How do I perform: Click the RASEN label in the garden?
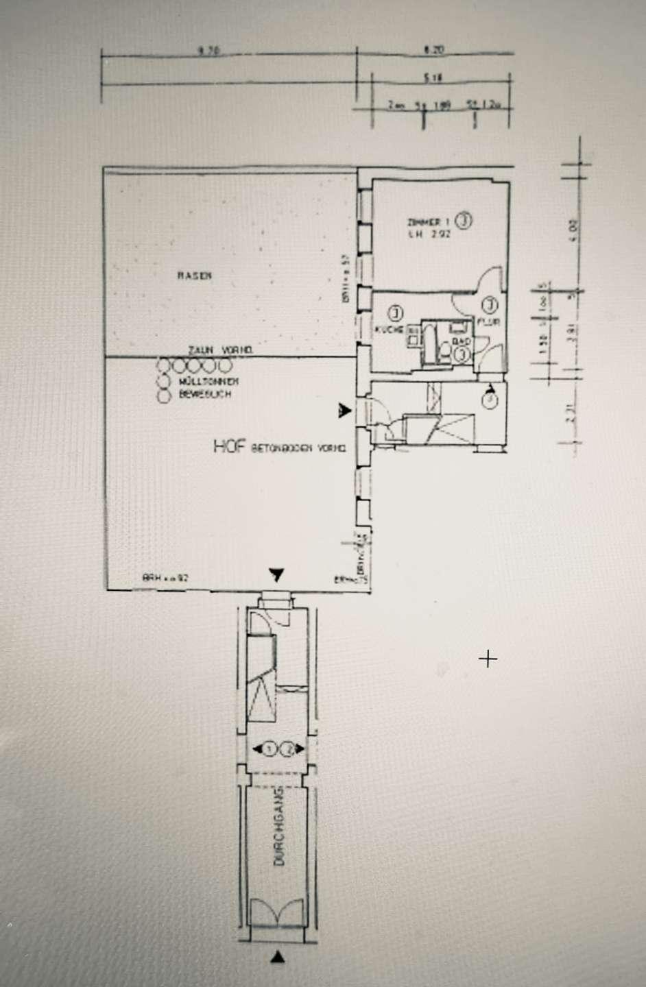click(195, 276)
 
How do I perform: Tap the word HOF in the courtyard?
click(230, 447)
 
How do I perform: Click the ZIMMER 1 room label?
click(428, 222)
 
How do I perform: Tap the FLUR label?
click(488, 321)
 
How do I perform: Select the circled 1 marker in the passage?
click(270, 749)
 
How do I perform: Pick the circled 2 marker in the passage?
click(289, 749)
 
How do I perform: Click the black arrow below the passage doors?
click(277, 958)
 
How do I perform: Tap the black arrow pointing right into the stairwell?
click(345, 411)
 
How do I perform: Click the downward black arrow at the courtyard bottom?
click(276, 575)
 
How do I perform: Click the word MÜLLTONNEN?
click(208, 381)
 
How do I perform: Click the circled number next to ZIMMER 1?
click(464, 221)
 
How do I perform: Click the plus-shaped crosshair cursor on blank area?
click(488, 659)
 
